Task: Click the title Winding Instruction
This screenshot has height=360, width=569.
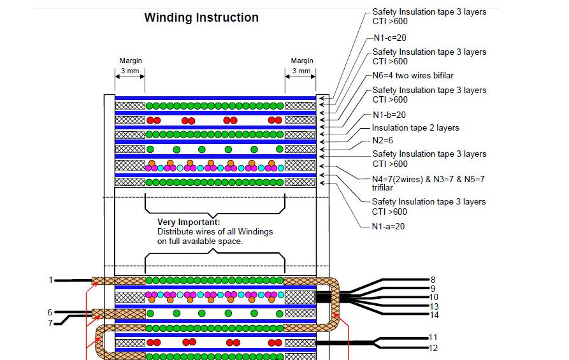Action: coord(201,17)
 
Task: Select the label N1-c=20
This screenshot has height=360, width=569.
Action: coord(390,38)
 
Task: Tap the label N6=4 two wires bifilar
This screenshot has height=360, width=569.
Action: coord(413,75)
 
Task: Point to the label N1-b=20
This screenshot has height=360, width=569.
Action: coord(389,115)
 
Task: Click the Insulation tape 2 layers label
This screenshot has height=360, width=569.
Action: coord(415,127)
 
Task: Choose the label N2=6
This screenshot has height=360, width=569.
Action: coord(382,140)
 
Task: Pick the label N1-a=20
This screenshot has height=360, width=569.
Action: coord(388,226)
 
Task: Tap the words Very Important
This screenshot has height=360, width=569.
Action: coord(189,222)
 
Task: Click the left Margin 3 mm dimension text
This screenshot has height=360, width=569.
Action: coord(131,66)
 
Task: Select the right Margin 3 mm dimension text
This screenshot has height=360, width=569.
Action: coord(302,66)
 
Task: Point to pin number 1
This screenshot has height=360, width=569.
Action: coord(51,280)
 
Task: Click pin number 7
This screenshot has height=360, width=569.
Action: coord(50,323)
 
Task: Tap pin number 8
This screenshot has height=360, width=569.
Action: coord(433,280)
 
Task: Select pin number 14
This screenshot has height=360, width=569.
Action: coord(434,315)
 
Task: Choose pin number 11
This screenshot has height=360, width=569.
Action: coord(433,338)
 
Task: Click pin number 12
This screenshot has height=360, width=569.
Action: coord(433,348)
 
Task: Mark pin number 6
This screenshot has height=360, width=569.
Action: coord(50,312)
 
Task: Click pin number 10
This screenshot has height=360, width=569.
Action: coord(434,297)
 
